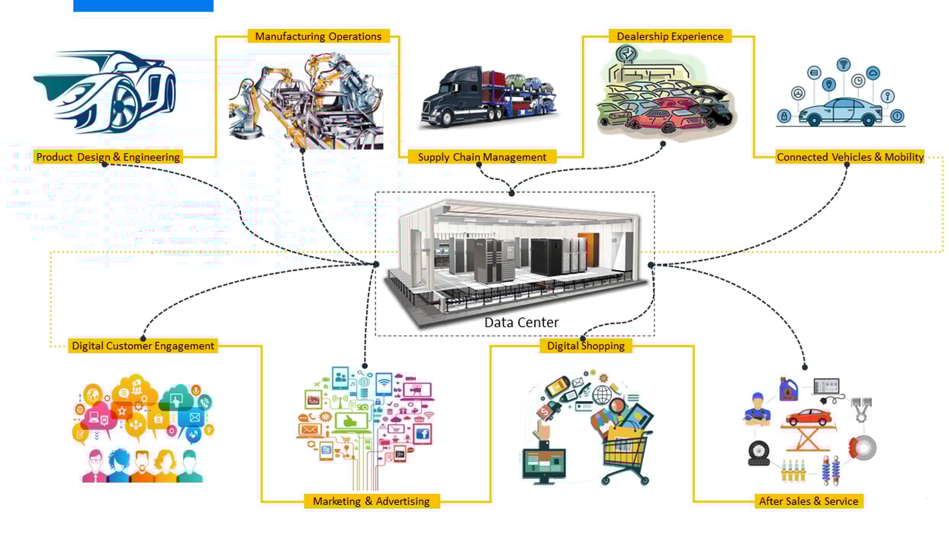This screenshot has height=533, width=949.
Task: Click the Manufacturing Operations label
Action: pyautogui.click(x=318, y=36)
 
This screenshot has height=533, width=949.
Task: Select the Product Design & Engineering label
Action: pyautogui.click(x=108, y=157)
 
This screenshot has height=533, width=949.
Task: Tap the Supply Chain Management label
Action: pyautogui.click(x=481, y=157)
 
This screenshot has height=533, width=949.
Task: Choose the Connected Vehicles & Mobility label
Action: pyautogui.click(x=850, y=157)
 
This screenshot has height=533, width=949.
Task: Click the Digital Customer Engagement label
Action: pyautogui.click(x=143, y=345)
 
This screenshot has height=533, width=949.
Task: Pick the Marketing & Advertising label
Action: pyautogui.click(x=371, y=501)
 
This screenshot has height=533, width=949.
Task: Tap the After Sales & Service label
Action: pyautogui.click(x=809, y=501)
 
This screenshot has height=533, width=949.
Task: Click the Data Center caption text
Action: pyautogui.click(x=521, y=323)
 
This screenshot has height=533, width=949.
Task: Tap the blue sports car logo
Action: pyautogui.click(x=105, y=90)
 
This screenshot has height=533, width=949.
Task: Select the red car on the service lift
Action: pyautogui.click(x=809, y=417)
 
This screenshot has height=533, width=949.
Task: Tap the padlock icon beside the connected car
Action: pyautogui.click(x=783, y=116)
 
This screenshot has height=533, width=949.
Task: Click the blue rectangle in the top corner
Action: pyautogui.click(x=143, y=5)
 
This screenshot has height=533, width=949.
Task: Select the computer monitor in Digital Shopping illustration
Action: pyautogui.click(x=544, y=464)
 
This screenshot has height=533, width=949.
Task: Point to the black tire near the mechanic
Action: pyautogui.click(x=758, y=453)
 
